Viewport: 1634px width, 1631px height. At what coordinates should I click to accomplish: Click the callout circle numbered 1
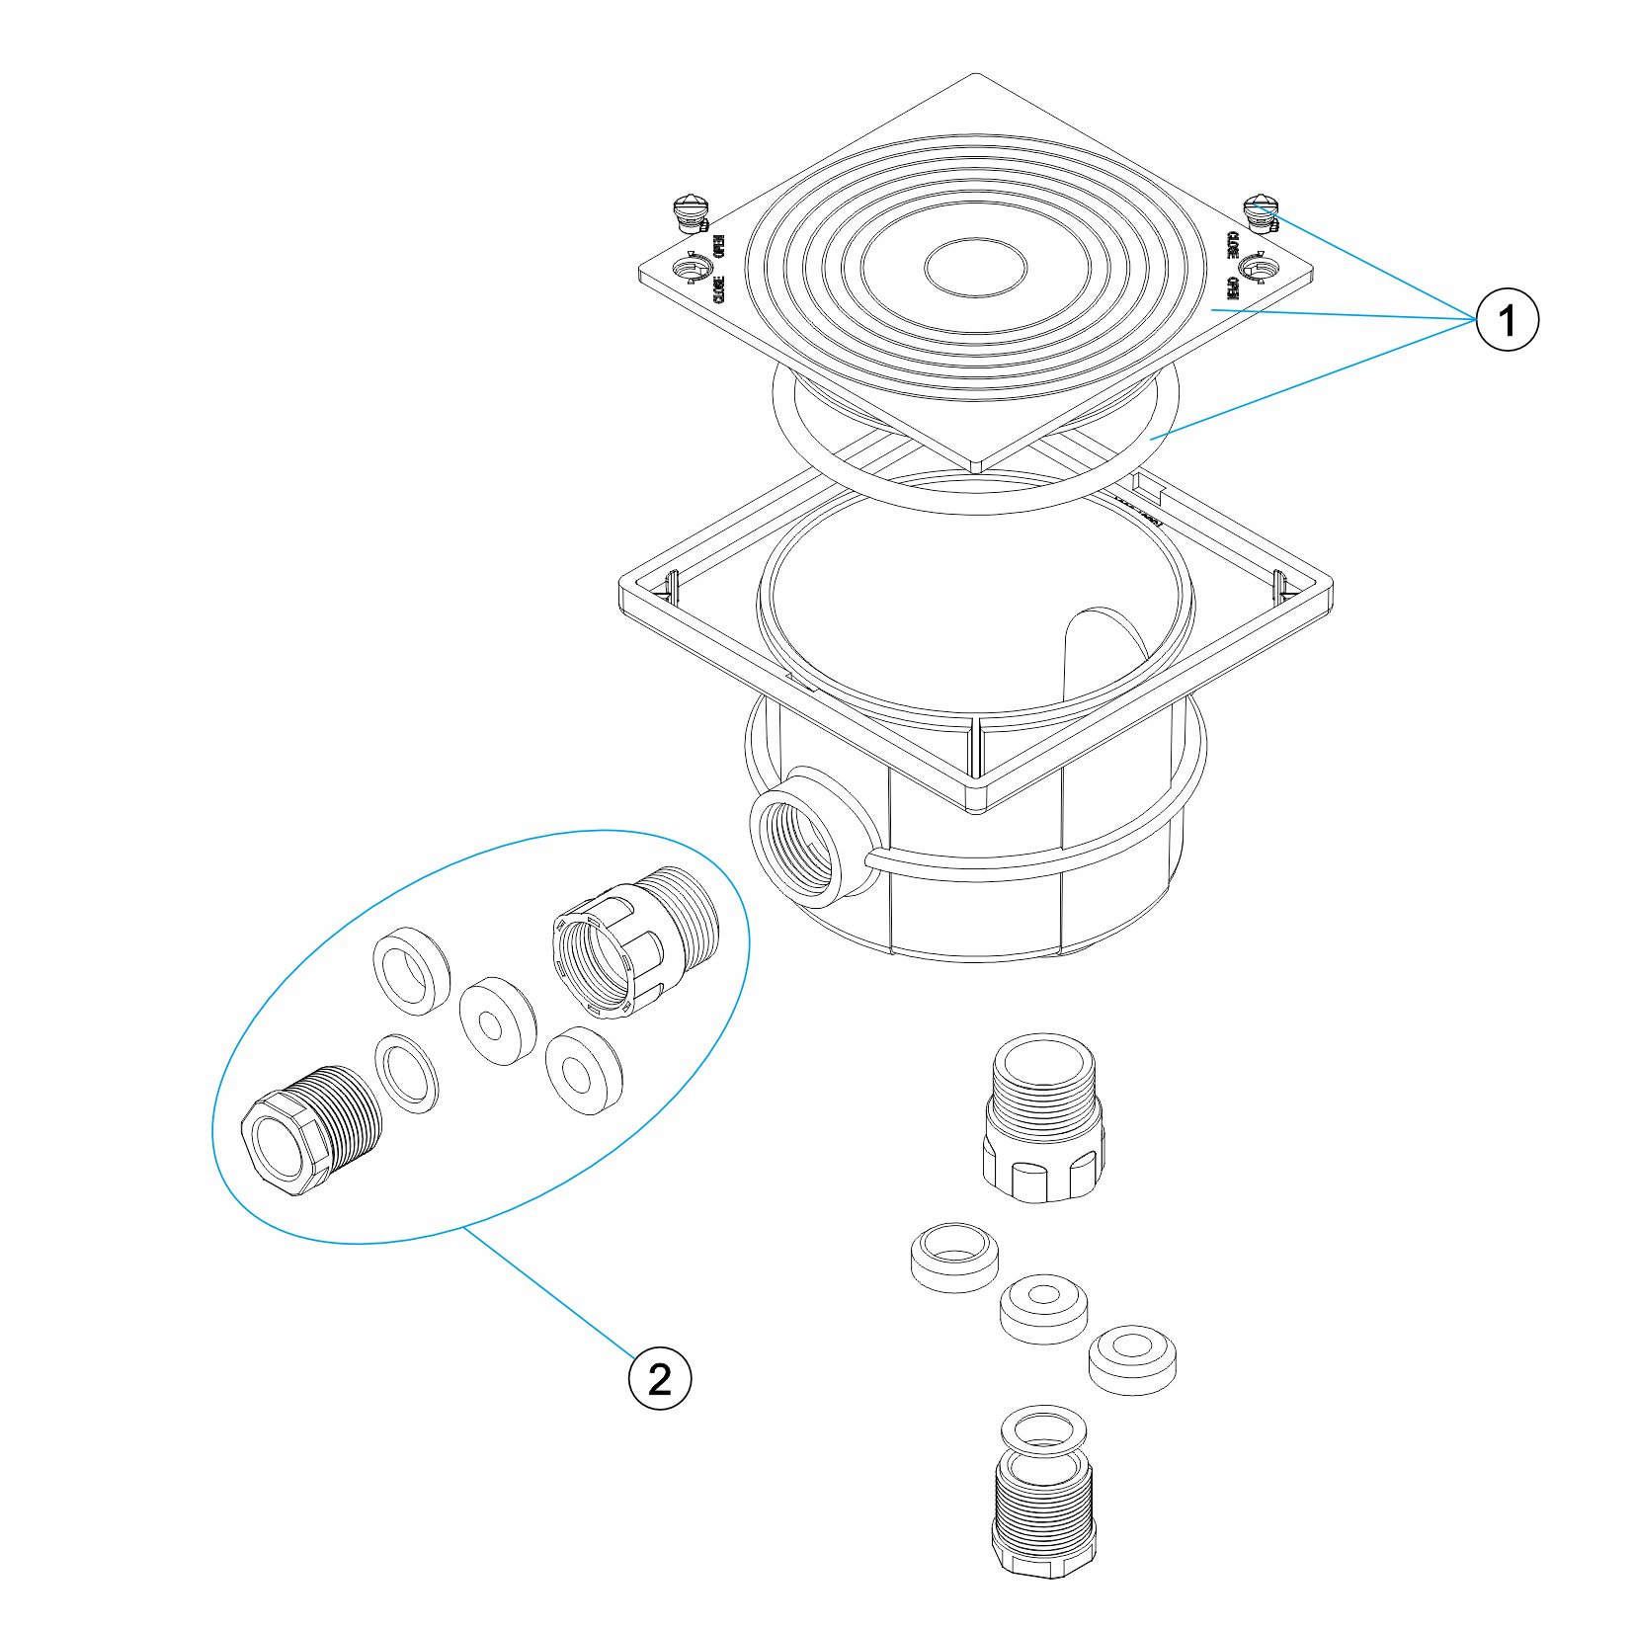click(1507, 319)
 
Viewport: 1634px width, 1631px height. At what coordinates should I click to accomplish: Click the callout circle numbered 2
click(660, 1378)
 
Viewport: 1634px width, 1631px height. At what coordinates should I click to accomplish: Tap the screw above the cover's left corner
click(688, 212)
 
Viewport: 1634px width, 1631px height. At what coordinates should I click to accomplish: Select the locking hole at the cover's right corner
click(1258, 266)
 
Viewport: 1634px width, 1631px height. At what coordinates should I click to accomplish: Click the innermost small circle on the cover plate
click(975, 267)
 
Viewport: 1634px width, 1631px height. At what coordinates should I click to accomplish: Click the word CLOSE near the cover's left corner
click(719, 288)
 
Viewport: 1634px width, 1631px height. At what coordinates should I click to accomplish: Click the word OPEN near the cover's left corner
click(720, 246)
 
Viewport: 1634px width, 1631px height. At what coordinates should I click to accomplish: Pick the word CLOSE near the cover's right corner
click(1232, 246)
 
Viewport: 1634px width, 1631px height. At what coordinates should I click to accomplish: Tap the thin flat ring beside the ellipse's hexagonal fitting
click(407, 1073)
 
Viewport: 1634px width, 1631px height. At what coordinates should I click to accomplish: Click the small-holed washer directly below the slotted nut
click(584, 1070)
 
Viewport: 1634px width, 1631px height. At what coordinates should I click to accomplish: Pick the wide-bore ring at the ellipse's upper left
click(411, 971)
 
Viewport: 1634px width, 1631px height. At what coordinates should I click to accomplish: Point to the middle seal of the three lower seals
click(1043, 1308)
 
